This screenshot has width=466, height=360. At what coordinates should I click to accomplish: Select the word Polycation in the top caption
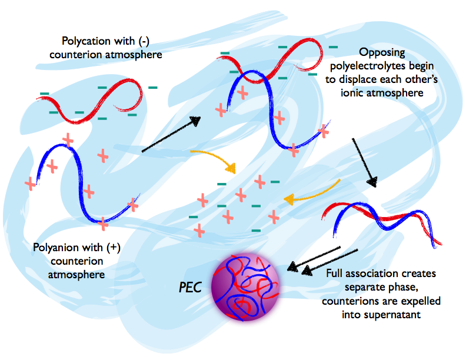pos(85,41)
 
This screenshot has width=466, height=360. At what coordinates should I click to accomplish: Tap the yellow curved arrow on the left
pos(215,159)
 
